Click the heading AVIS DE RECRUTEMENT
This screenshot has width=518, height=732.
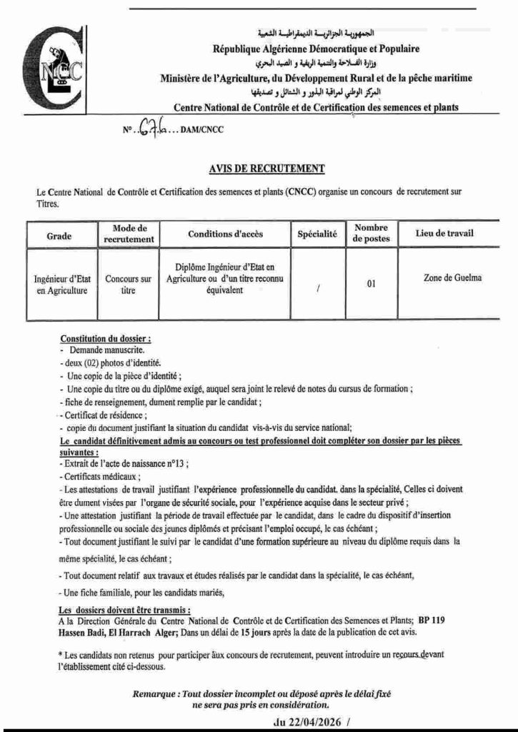tap(267, 169)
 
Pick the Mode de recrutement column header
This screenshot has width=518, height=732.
tap(129, 234)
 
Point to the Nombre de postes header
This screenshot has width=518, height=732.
tap(371, 234)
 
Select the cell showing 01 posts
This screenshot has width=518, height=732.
tap(371, 284)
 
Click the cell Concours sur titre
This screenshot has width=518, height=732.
tap(129, 285)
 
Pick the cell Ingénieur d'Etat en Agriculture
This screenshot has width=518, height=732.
tap(61, 285)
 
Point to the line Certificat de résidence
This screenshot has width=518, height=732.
tap(96, 415)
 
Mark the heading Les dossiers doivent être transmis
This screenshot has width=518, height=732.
tap(124, 609)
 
